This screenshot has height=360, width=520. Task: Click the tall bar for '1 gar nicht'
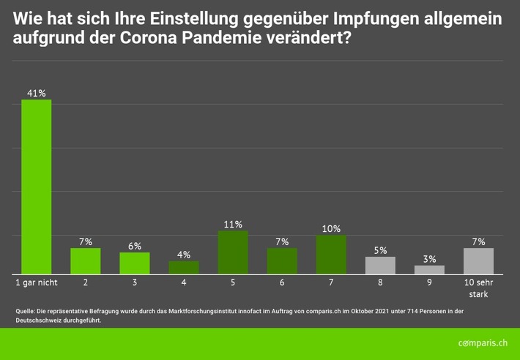click(x=36, y=187)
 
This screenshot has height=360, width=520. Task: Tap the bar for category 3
click(x=134, y=263)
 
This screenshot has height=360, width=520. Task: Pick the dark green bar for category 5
click(x=233, y=252)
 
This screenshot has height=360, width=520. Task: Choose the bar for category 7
click(x=331, y=255)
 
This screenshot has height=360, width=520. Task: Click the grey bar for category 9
click(x=429, y=270)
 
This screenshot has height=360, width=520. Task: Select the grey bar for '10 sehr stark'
click(x=478, y=261)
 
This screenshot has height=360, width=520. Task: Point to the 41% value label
click(x=36, y=93)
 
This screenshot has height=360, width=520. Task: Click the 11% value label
click(x=233, y=224)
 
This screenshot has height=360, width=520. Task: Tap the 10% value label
click(x=331, y=228)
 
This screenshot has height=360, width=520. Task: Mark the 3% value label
click(x=429, y=258)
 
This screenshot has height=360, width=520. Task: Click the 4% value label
click(x=183, y=255)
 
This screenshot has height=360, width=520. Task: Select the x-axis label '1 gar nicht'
click(x=37, y=282)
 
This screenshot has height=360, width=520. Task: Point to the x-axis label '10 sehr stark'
click(x=478, y=288)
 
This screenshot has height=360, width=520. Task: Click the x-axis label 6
click(x=282, y=282)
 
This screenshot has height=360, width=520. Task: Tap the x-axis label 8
click(x=380, y=282)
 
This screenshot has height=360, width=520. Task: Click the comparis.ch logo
click(x=483, y=343)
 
